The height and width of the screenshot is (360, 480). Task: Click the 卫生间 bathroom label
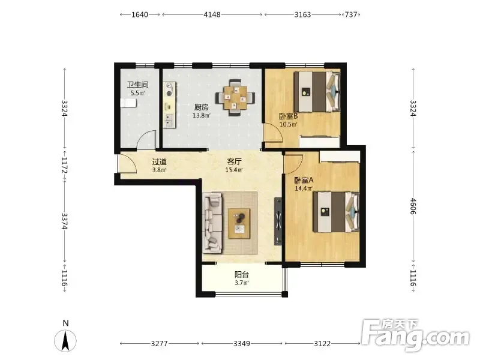pos(138,85)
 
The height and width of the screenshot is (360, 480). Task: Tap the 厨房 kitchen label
pos(202,107)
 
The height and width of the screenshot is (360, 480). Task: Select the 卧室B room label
pos(289,116)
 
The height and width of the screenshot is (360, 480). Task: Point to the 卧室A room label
pos(304,181)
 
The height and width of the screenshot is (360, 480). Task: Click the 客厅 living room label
pos(234,161)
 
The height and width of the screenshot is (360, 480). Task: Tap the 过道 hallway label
pos(159,161)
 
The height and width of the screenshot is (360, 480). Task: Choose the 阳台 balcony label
pos(242,274)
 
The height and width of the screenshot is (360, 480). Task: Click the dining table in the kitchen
pos(235,98)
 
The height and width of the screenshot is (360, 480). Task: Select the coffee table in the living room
pos(239,223)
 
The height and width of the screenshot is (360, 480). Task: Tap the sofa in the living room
pos(212,223)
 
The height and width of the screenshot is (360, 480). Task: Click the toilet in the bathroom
pos(128,103)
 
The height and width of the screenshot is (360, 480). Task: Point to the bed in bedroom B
pos(317,91)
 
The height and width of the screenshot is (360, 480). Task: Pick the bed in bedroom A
pos(336,212)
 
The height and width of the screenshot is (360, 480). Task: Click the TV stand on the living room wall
pos(278,221)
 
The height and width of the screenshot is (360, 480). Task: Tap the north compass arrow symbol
pos(65,340)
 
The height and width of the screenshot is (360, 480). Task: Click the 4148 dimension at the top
pos(212,14)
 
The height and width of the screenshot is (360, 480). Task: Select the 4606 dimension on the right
pos(413,206)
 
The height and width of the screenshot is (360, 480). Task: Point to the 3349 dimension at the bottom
pos(242,343)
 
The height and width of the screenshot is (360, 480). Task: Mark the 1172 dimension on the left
pos(64,165)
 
